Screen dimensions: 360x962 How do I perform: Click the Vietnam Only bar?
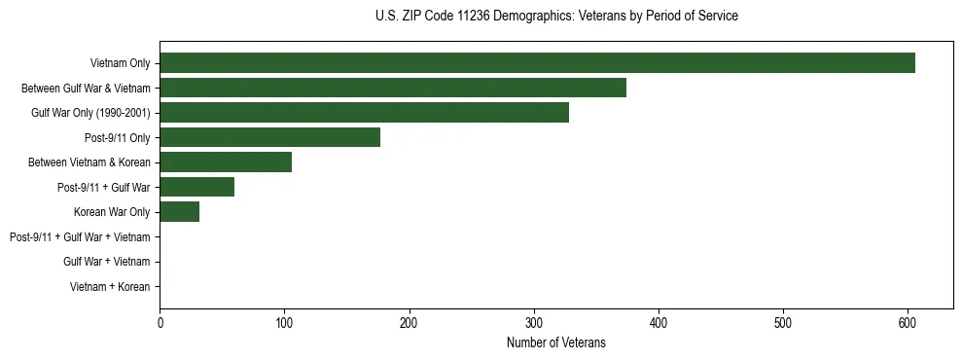point(537,63)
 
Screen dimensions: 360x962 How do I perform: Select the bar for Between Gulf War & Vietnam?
point(393,88)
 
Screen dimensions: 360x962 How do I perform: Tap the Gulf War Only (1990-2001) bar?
point(364,113)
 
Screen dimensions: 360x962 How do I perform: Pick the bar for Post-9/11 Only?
point(269,137)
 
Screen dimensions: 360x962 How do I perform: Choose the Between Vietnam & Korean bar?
point(226,162)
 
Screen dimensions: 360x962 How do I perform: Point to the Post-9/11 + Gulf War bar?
point(196,187)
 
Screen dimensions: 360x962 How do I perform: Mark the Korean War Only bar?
point(179,212)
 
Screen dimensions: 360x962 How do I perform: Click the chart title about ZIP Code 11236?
point(555,17)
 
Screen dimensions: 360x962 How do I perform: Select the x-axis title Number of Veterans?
point(555,342)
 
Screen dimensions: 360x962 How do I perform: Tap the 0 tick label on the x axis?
point(160,323)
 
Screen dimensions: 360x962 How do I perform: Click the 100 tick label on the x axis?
point(284,323)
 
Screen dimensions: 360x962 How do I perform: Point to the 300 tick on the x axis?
point(534,323)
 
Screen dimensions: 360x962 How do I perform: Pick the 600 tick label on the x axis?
point(908,323)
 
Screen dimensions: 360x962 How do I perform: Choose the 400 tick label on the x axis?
point(659,323)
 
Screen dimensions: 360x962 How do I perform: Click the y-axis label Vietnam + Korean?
point(110,287)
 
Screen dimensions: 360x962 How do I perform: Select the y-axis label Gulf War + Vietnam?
point(106,262)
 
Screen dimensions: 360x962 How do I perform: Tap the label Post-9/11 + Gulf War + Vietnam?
point(80,237)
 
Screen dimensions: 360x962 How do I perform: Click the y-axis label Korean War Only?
point(112,212)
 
